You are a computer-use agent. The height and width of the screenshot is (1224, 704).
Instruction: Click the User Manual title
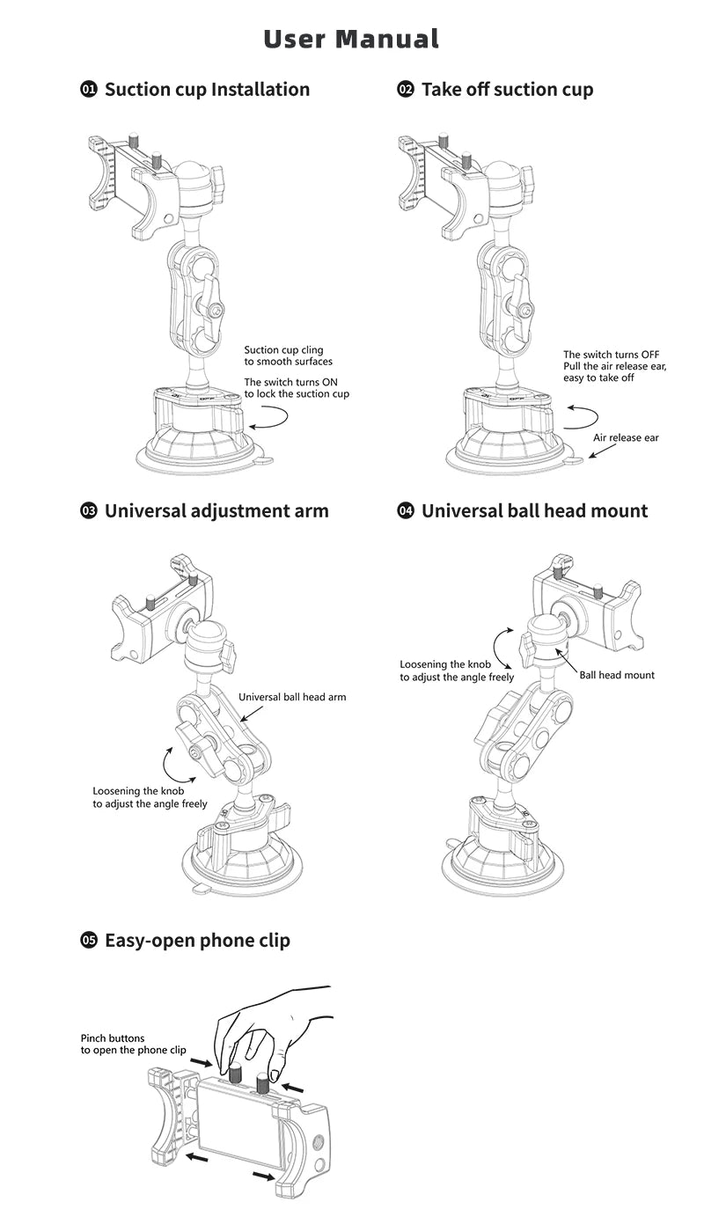[x=351, y=40]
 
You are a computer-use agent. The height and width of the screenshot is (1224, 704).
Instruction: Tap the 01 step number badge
[x=89, y=89]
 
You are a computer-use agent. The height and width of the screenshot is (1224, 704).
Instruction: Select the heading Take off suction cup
[x=507, y=90]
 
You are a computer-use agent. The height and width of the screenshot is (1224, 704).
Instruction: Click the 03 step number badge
[x=89, y=511]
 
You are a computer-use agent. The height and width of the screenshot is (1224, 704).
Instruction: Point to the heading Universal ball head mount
[x=534, y=511]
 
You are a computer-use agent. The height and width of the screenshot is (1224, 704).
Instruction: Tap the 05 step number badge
[x=89, y=941]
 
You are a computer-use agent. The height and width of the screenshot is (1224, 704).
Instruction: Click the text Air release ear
[x=626, y=437]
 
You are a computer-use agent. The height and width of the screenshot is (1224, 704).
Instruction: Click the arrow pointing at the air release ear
[x=602, y=451]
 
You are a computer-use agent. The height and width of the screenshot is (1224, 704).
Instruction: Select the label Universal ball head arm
[x=292, y=697]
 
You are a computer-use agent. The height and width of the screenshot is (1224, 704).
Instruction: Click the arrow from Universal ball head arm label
[x=252, y=714]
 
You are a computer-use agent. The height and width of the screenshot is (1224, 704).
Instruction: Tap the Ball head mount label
[x=617, y=676]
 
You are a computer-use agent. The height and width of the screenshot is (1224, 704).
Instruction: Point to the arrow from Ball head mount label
[x=566, y=660]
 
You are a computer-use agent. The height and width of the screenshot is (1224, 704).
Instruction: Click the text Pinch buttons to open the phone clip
[x=134, y=1044]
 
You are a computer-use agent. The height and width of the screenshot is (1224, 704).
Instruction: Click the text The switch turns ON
[x=290, y=383]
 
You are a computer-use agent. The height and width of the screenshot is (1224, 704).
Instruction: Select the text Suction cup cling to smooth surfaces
[x=288, y=355]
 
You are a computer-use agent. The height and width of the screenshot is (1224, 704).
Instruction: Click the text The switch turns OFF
[x=611, y=355]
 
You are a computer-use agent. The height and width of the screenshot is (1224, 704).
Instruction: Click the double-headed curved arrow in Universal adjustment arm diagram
[x=165, y=765]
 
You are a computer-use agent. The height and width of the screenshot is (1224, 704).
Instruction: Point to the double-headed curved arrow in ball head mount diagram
[x=495, y=648]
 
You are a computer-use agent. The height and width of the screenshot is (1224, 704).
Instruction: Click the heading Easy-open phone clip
[x=197, y=941]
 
